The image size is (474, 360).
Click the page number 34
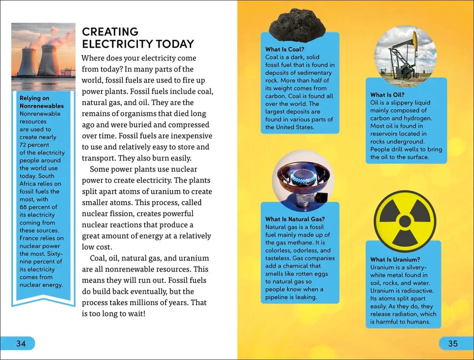[x=21, y=344]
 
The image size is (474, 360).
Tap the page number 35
[x=453, y=344]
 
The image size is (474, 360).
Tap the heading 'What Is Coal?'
[x=285, y=49]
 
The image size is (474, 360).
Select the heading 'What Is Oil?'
[x=387, y=95]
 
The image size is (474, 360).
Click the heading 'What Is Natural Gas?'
[x=295, y=219]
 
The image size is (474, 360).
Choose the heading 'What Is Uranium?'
[x=395, y=259]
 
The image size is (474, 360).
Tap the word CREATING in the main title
[x=110, y=32]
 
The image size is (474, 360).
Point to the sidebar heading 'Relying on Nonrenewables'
[x=41, y=102]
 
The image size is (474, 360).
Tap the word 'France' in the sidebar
[x=29, y=238]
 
